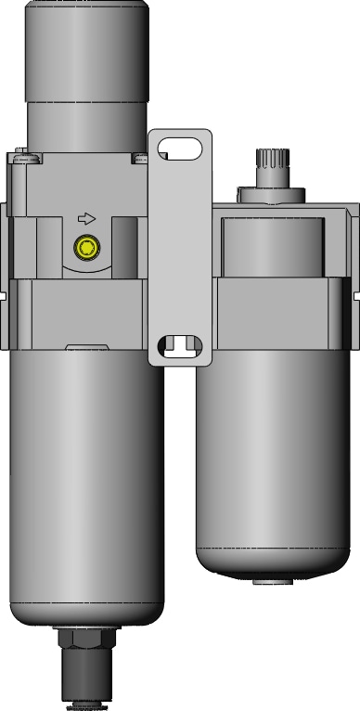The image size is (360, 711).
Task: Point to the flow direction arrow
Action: coord(85,219)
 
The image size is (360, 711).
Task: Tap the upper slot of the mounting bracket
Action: coord(181,147)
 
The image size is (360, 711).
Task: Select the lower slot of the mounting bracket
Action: coord(181,346)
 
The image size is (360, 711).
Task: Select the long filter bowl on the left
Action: coord(87,464)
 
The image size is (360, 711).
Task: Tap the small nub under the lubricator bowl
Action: coord(271,581)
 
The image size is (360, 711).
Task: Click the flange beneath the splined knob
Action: coord(272,195)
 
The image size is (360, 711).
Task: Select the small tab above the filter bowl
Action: coord(87,349)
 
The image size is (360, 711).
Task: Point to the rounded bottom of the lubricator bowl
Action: coord(272,562)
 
